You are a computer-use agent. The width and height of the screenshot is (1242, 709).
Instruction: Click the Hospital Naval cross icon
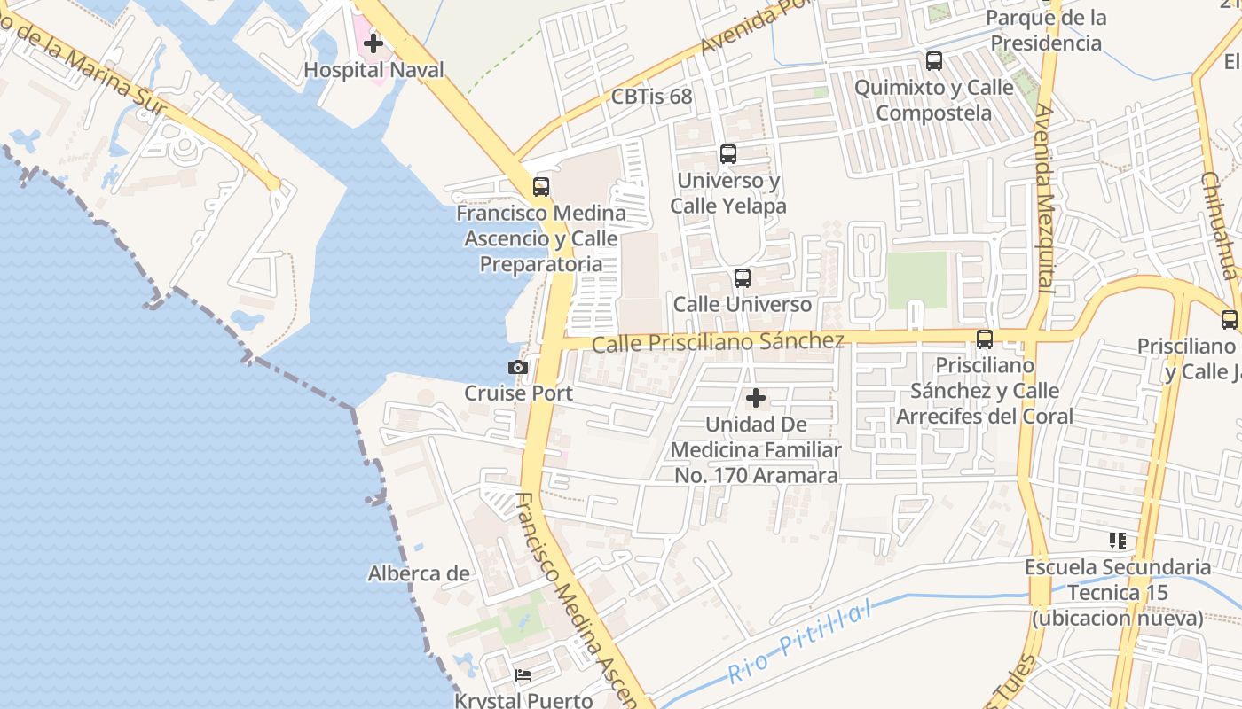[373, 43]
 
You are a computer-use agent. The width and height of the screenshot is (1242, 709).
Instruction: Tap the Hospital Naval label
[373, 69]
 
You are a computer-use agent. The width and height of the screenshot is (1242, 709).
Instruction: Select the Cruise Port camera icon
[518, 367]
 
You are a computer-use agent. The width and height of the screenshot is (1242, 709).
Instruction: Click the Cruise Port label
[518, 393]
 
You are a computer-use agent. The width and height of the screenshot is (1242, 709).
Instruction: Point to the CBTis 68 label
[651, 97]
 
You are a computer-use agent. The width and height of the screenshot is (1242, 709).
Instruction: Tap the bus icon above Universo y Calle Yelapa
[728, 154]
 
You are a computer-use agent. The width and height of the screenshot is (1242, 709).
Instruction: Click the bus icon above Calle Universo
[743, 278]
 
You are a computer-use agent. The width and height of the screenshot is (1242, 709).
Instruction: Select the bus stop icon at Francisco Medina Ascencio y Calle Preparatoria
[540, 187]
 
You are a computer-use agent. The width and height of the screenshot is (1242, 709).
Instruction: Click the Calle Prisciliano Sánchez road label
[718, 342]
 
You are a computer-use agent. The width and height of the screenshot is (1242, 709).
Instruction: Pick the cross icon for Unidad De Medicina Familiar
[755, 399]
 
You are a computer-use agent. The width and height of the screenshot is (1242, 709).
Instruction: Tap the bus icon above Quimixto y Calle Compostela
[933, 61]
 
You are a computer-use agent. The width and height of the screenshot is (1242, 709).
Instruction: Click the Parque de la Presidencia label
[1046, 30]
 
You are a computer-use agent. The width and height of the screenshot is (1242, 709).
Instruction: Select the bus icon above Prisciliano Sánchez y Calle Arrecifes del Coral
[984, 339]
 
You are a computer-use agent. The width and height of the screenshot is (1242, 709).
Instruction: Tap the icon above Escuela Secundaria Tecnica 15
[1117, 540]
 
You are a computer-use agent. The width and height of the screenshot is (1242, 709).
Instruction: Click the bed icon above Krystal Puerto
[523, 675]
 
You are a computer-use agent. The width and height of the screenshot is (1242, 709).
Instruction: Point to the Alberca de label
[419, 573]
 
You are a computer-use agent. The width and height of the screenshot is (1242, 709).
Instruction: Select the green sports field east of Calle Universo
[917, 280]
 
